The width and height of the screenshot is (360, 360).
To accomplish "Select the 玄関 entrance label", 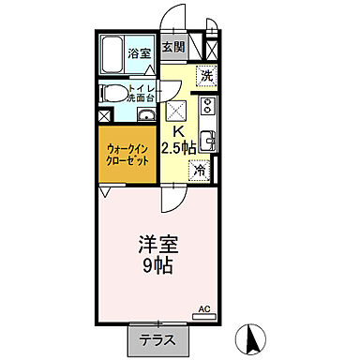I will [172, 48].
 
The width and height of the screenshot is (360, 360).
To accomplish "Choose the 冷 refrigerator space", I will [199, 171].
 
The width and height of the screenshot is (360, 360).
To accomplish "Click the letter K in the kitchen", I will [175, 131].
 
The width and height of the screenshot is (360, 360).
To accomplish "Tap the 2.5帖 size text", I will [178, 148].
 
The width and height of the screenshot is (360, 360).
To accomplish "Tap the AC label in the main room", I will [204, 307].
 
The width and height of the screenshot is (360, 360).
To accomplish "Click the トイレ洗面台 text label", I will [137, 93].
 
